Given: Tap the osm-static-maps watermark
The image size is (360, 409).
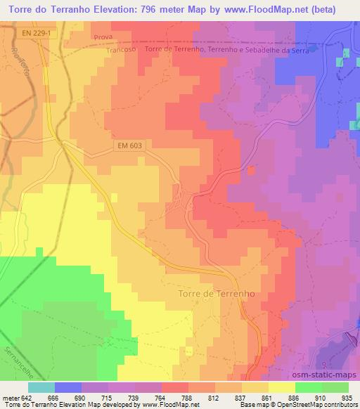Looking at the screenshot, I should point(331,375).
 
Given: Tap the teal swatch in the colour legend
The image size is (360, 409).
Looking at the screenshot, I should point(41,387).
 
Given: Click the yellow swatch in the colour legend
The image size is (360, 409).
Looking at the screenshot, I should point(281,387).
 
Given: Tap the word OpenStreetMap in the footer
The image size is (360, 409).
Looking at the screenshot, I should point(286,405).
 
